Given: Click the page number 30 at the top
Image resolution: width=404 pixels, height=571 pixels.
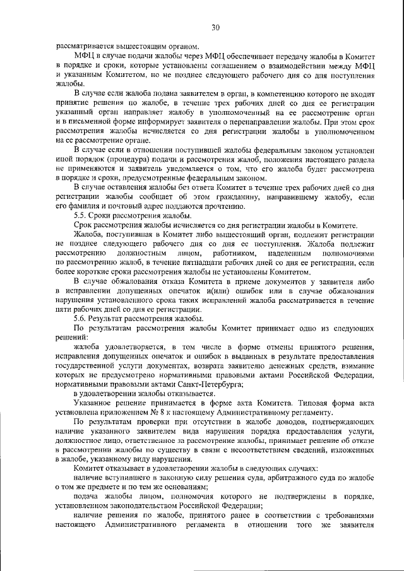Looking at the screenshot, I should pos(215,27).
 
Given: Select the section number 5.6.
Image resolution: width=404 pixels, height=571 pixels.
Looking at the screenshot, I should pos(80,320).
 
